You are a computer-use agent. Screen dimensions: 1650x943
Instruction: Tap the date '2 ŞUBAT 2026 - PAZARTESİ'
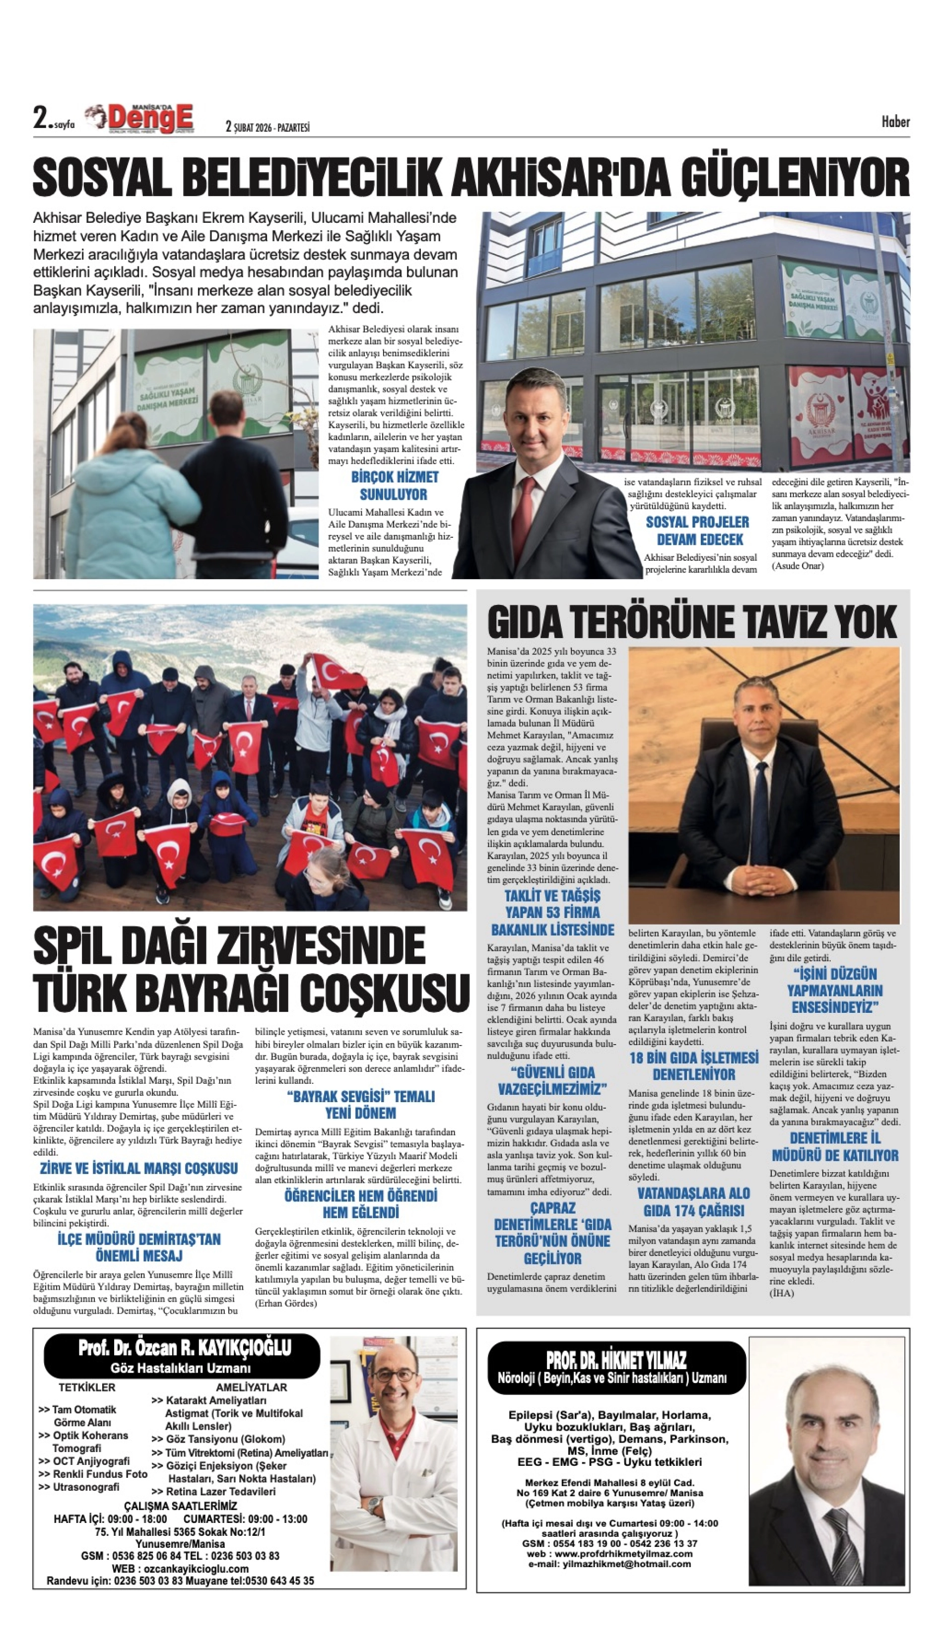click(x=268, y=127)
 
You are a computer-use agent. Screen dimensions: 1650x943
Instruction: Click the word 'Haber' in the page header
click(x=895, y=122)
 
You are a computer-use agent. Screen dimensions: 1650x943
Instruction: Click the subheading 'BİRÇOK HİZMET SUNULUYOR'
click(x=395, y=486)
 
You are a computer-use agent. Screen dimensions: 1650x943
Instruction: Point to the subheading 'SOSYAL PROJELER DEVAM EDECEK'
click(x=697, y=530)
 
